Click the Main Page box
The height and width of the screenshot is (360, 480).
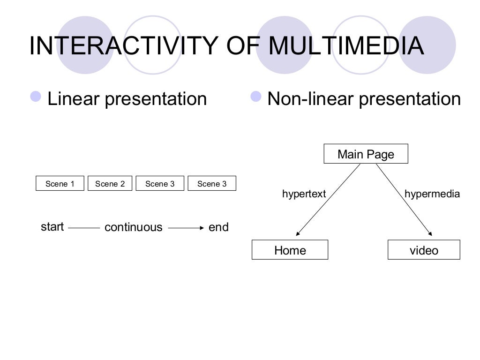(366, 154)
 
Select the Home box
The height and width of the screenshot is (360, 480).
(290, 250)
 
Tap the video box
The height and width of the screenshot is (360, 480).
(424, 250)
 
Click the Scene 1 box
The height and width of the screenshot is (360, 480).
(60, 184)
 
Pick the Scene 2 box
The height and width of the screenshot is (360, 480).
(110, 184)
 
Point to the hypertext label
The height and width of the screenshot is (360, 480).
(304, 194)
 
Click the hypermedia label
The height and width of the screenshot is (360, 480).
(432, 194)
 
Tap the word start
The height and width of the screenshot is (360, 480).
(52, 227)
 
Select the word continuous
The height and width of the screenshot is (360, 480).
(133, 227)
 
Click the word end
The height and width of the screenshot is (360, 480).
(218, 227)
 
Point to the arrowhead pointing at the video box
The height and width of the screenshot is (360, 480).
(429, 233)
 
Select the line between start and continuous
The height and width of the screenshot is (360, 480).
(84, 228)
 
